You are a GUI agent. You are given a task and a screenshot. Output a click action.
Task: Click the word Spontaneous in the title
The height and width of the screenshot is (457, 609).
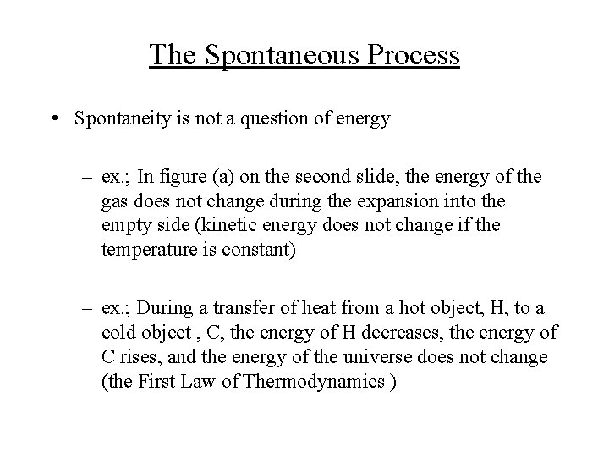click(277, 55)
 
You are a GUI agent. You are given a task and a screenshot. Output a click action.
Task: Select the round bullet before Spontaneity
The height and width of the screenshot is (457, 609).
click(54, 118)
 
